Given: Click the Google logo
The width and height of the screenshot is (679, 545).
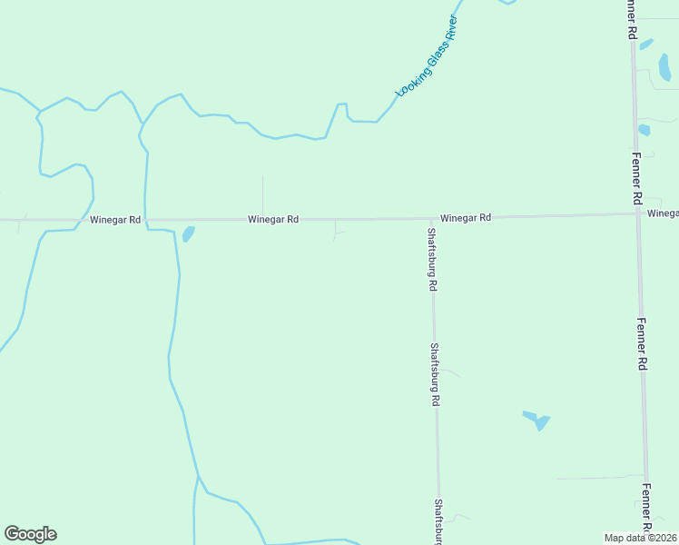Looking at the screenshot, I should (30, 534).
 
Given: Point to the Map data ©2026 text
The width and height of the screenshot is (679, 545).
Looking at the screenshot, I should (641, 538).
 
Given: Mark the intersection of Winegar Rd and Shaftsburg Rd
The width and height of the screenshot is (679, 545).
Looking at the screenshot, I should (431, 219).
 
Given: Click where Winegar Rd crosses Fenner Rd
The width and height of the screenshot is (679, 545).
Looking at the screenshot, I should (636, 214).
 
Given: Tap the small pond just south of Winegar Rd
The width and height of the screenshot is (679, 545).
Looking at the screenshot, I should (188, 234).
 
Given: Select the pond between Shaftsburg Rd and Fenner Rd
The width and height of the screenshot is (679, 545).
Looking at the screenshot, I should (538, 421).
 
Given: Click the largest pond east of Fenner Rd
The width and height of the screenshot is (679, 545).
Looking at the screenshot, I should (664, 67).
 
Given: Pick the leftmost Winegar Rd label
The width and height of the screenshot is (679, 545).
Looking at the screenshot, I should (115, 220).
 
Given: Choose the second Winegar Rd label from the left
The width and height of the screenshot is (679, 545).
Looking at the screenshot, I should (273, 220).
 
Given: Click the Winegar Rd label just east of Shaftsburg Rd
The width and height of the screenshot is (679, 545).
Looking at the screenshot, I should (466, 218).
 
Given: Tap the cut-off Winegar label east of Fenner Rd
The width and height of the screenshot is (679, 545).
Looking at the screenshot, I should (663, 213).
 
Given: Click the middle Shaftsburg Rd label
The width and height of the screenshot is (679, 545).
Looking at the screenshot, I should (436, 373).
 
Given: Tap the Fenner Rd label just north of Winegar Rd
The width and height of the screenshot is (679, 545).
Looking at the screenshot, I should (635, 173).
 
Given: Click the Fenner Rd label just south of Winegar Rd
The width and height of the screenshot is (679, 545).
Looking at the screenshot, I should (642, 342).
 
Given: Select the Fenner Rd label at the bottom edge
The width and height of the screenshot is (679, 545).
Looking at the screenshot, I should (646, 509).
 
